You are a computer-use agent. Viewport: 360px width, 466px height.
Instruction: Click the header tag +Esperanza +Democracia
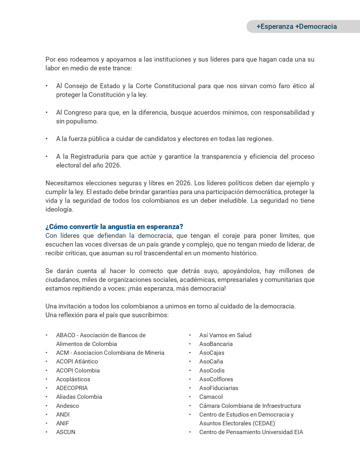[x=296, y=27]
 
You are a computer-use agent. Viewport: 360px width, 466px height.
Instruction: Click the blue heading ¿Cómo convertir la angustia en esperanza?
[x=114, y=227]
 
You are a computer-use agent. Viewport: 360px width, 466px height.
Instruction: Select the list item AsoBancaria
[x=216, y=344]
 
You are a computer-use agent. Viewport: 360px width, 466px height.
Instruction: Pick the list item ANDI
[x=63, y=415]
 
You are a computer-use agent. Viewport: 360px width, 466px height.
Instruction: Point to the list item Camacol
[x=211, y=397]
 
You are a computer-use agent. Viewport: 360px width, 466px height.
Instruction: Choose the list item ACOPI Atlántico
[x=77, y=362]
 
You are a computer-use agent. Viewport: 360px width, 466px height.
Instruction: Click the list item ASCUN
[x=66, y=432]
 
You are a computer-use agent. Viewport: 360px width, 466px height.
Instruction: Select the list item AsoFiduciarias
[x=219, y=388]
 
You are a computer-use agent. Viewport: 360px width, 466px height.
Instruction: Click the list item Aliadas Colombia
[x=79, y=397]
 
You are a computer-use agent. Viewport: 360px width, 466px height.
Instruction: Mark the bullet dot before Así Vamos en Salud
[x=190, y=335]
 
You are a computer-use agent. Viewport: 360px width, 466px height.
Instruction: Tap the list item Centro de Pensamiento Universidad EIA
[x=251, y=432]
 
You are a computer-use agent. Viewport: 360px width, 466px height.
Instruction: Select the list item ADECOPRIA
[x=72, y=388]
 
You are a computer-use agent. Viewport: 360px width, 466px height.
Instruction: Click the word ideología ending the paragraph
[x=59, y=210]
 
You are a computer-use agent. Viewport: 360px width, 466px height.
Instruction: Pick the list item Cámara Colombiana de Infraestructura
[x=250, y=406]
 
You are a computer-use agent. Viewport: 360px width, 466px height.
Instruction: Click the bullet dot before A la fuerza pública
[x=47, y=139]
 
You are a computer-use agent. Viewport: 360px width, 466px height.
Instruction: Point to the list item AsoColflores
[x=216, y=379]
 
